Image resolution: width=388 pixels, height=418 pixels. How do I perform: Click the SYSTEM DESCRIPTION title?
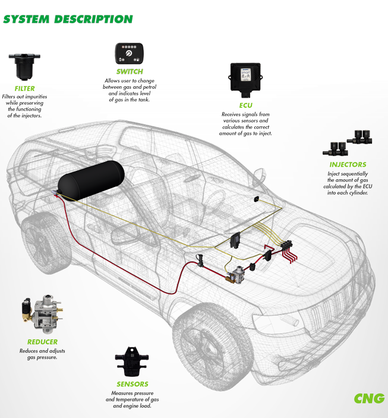coord(68,18)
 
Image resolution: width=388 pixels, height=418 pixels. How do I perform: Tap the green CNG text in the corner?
coord(370,398)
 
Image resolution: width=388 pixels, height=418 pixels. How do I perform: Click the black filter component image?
coord(23,64)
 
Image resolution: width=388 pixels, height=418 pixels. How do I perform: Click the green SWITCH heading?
coord(130,72)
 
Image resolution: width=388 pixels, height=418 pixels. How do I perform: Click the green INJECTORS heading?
coord(348,164)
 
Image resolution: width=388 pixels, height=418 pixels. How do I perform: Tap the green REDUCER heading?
coord(42,342)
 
